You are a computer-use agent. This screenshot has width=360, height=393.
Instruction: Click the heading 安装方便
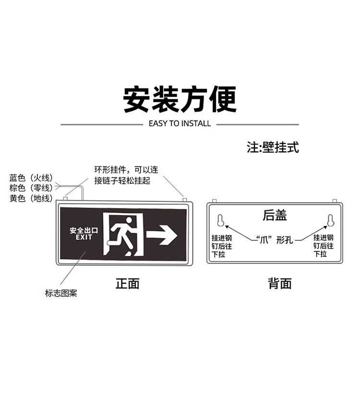click(x=180, y=99)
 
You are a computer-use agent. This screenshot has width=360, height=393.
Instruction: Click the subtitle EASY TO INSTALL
click(x=180, y=123)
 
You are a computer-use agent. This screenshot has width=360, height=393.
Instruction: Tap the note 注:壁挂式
click(x=273, y=147)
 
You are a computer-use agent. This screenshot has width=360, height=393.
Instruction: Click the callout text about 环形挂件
click(x=126, y=175)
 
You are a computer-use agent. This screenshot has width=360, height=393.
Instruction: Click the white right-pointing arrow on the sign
click(x=162, y=235)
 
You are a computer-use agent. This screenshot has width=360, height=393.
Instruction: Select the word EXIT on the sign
click(x=84, y=238)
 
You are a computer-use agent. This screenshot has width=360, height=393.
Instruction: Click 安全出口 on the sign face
click(x=84, y=230)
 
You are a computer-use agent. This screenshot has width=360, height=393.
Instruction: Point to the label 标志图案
click(x=61, y=293)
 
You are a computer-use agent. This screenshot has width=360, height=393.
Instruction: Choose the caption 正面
click(x=127, y=283)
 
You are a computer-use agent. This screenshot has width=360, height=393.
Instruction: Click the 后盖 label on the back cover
click(x=275, y=215)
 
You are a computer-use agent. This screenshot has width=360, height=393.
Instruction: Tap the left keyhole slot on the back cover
click(x=221, y=220)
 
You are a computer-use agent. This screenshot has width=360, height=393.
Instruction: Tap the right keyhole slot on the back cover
click(x=330, y=220)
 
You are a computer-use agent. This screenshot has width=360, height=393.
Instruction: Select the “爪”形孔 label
click(x=275, y=239)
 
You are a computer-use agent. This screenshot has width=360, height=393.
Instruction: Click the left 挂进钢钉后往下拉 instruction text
click(x=222, y=246)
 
